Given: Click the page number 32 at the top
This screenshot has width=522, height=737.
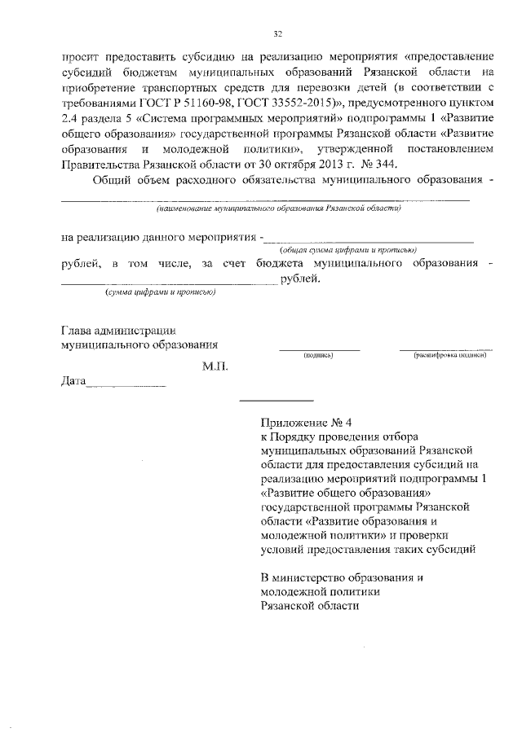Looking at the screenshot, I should point(277,33).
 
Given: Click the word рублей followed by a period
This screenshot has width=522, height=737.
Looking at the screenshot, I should point(300,279).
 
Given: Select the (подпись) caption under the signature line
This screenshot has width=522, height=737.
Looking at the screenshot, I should point(318,356).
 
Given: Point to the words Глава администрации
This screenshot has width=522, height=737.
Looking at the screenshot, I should point(119,330).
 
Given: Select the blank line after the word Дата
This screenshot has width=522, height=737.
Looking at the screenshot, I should point(126,384).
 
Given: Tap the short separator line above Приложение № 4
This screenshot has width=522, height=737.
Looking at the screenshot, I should point(276,400).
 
